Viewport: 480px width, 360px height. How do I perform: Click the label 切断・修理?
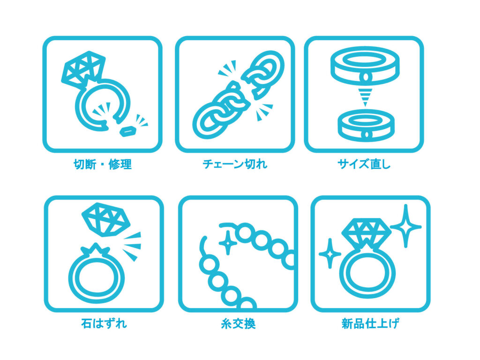coord(103,165)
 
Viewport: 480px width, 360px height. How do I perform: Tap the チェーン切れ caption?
coord(235,165)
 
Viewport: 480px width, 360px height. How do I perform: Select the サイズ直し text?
coord(364,165)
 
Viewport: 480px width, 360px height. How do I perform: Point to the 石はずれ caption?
coord(104,323)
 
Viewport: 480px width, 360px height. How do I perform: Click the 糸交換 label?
coord(238,323)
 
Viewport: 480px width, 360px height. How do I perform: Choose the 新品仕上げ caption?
coord(370,323)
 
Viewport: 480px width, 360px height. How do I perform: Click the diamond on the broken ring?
coord(82,69)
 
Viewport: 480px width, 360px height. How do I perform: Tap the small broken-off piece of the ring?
coord(128,131)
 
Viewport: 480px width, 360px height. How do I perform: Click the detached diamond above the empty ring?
coord(106,219)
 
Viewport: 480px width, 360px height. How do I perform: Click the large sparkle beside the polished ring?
coord(406,226)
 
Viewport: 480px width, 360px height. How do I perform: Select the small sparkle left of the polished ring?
coord(330,254)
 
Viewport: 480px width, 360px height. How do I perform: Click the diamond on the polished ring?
coord(367,231)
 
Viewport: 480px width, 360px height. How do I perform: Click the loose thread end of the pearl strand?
coord(202,245)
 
